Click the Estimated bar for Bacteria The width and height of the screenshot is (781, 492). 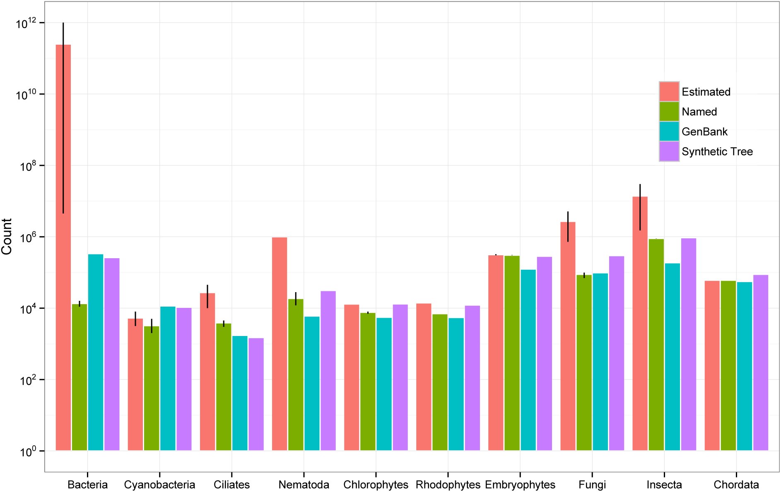pyautogui.click(x=63, y=247)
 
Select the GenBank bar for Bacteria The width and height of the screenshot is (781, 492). pyautogui.click(x=96, y=352)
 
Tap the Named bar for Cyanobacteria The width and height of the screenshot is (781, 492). pyautogui.click(x=152, y=388)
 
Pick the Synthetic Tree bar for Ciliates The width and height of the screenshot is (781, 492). pyautogui.click(x=256, y=394)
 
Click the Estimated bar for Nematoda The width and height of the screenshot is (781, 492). pyautogui.click(x=280, y=344)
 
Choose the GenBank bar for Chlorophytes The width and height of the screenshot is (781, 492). pyautogui.click(x=384, y=384)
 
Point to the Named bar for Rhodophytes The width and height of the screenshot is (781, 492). pyautogui.click(x=440, y=382)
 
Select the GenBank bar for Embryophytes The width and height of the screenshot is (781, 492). pyautogui.click(x=528, y=360)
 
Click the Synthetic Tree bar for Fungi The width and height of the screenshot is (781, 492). pyautogui.click(x=617, y=353)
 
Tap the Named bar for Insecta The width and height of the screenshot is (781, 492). pyautogui.click(x=656, y=345)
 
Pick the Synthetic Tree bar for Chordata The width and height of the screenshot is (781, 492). pyautogui.click(x=761, y=362)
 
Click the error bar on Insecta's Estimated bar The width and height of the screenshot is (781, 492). pyautogui.click(x=640, y=207)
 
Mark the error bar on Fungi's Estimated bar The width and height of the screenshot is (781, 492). pyautogui.click(x=568, y=227)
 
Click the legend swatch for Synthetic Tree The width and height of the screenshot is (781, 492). pyautogui.click(x=669, y=151)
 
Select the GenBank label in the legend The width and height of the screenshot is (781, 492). pyautogui.click(x=704, y=132)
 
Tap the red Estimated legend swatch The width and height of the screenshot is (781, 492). pyautogui.click(x=669, y=91)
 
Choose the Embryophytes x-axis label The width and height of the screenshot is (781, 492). pyautogui.click(x=520, y=485)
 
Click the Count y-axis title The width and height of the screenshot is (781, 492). pyautogui.click(x=7, y=237)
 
